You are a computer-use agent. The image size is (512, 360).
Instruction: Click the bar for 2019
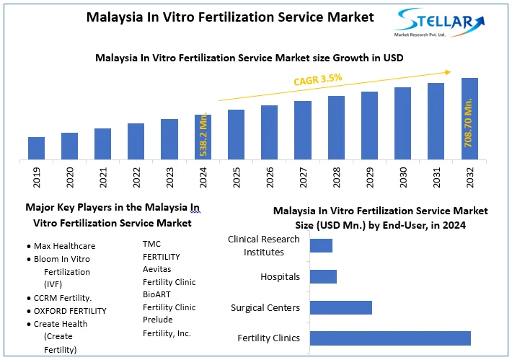tap(36, 148)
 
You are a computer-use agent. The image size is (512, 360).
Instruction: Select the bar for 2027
tap(303, 130)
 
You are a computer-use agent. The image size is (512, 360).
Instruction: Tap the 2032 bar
tap(469, 118)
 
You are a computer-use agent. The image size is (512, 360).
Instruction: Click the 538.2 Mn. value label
tap(204, 135)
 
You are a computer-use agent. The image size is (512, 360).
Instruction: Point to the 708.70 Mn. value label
tap(469, 124)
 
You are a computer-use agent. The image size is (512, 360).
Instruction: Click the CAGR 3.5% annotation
tap(317, 79)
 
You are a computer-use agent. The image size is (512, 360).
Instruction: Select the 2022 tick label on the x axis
tap(136, 177)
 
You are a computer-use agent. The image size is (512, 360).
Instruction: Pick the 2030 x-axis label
tap(403, 177)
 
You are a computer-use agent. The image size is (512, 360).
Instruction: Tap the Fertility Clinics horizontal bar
tap(390, 338)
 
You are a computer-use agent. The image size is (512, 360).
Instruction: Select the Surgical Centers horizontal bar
tap(340, 307)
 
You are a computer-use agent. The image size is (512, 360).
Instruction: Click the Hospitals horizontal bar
tap(323, 276)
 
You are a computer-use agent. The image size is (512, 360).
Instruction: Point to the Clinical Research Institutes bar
tap(321, 245)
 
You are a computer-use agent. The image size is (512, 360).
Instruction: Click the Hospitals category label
tap(280, 276)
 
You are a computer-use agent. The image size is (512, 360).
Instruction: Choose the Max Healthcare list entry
tap(64, 246)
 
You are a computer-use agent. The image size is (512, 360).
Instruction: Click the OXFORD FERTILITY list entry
tap(70, 311)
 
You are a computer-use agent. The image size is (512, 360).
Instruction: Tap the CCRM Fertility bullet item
tap(63, 298)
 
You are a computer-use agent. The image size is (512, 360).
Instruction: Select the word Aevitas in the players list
tap(156, 269)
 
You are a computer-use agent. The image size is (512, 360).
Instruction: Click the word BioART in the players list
tap(157, 295)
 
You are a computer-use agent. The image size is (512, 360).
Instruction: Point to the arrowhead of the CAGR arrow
tap(449, 71)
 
